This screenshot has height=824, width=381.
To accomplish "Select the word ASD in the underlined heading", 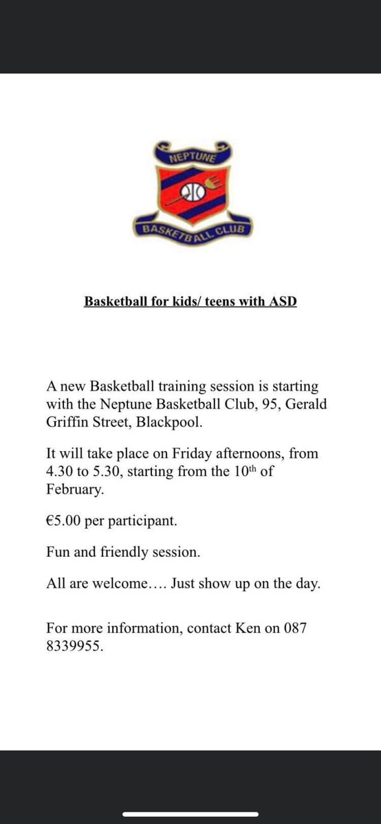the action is (283, 301).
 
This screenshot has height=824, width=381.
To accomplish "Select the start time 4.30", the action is (60, 472).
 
